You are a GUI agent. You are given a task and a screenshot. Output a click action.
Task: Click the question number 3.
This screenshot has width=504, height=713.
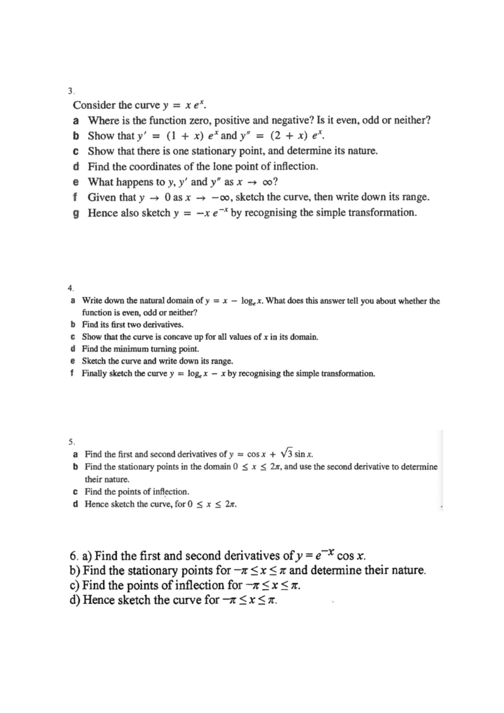click(x=71, y=91)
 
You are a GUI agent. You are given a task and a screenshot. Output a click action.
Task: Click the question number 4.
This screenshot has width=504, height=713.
click(x=70, y=288)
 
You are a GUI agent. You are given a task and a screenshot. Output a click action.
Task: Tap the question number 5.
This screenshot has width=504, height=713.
click(x=71, y=441)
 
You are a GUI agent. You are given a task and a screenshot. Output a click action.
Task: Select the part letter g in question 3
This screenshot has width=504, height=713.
click(x=76, y=213)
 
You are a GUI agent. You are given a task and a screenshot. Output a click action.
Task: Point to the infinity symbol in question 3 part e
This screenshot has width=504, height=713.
click(x=267, y=182)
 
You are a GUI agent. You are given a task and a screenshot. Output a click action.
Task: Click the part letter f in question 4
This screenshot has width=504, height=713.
click(x=73, y=373)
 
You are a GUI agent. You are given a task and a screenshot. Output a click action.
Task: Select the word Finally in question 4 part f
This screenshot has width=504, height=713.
click(x=94, y=373)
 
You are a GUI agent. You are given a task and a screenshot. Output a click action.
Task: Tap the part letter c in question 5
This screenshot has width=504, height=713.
click(x=75, y=491)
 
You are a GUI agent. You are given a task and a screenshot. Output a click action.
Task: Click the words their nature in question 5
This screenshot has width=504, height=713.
click(x=107, y=479)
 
